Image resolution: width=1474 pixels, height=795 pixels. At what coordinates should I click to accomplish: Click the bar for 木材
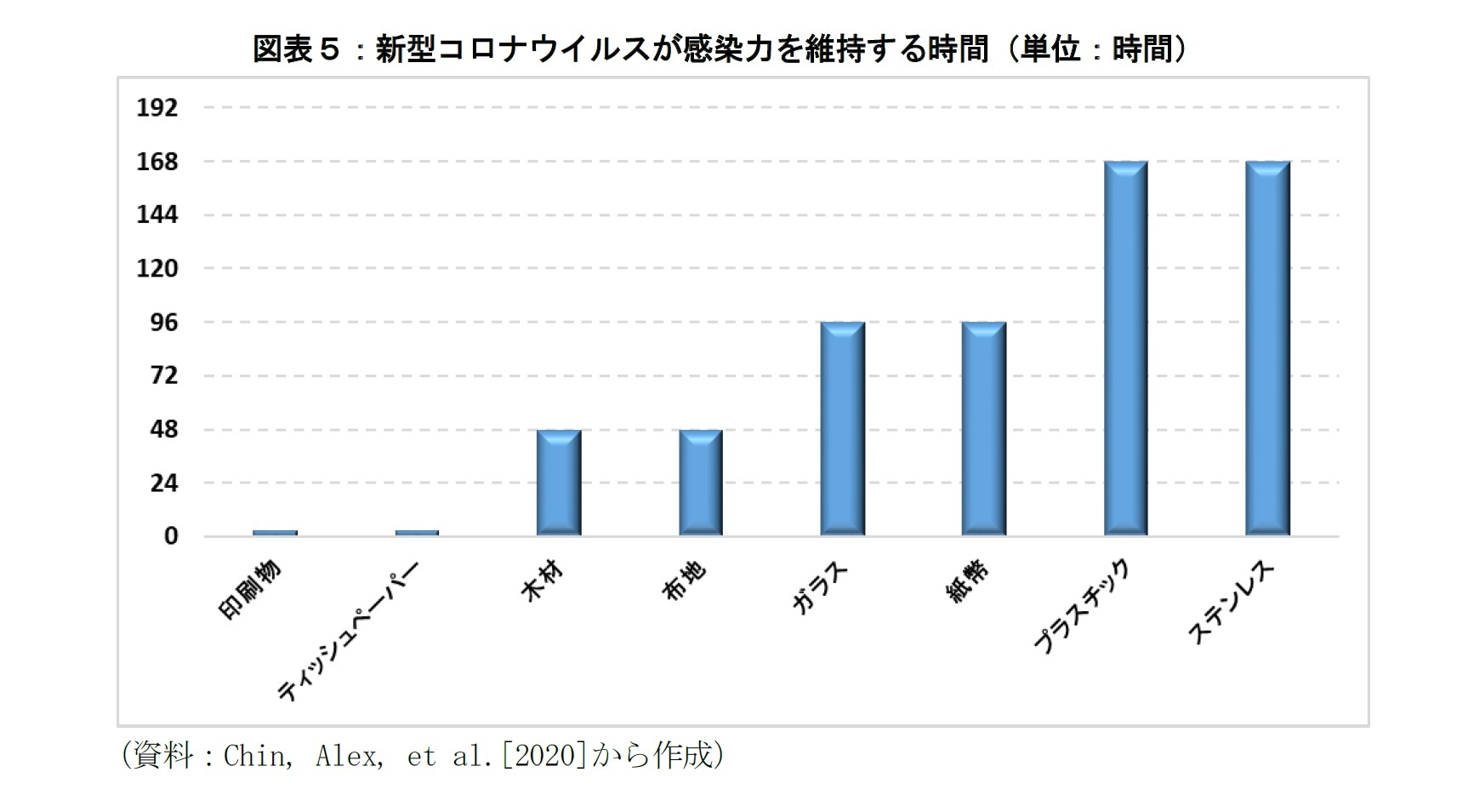coord(559,483)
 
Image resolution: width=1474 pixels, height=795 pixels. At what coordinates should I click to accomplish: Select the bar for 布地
coord(701,483)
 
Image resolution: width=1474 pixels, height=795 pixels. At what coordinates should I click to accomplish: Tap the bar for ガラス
coord(842,429)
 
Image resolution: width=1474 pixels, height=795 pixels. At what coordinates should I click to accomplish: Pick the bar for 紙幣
coord(984,429)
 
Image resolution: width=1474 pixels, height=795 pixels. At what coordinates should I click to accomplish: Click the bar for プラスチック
coord(1126,348)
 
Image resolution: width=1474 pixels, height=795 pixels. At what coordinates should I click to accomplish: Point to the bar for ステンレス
coord(1267,348)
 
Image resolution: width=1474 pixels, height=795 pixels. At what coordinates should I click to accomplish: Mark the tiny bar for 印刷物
coord(275,533)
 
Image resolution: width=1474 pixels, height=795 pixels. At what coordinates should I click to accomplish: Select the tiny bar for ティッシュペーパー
coord(417,533)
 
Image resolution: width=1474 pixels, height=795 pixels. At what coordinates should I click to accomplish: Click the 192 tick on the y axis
coord(157,108)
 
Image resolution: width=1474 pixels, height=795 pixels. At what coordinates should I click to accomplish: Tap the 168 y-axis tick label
coord(157,162)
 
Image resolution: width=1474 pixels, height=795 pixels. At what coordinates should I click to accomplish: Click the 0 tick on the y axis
coord(171,537)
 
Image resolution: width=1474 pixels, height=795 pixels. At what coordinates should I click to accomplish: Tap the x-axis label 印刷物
coord(251,590)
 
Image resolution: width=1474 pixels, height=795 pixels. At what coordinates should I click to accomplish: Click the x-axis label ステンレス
coord(1232,603)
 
